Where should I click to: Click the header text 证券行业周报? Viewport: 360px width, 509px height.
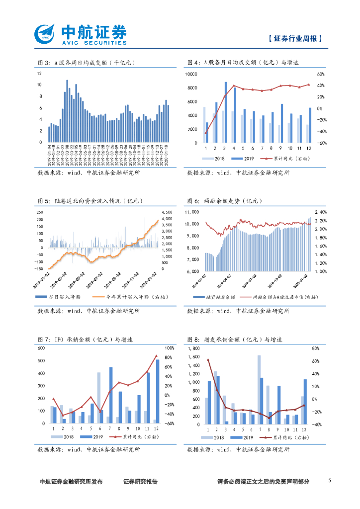click(x=294, y=38)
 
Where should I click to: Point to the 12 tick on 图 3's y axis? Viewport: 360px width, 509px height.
click(x=39, y=74)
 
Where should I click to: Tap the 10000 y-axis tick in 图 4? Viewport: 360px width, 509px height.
click(x=191, y=74)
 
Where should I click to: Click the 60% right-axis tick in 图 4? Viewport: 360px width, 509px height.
click(x=321, y=74)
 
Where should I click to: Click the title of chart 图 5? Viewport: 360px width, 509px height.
click(x=90, y=201)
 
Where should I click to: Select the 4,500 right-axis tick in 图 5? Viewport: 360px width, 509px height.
click(x=167, y=212)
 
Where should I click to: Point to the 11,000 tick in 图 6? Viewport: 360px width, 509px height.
click(x=192, y=212)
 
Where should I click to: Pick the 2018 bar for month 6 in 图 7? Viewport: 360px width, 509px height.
click(x=98, y=398)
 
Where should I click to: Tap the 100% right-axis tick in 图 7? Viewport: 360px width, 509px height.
click(x=169, y=348)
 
